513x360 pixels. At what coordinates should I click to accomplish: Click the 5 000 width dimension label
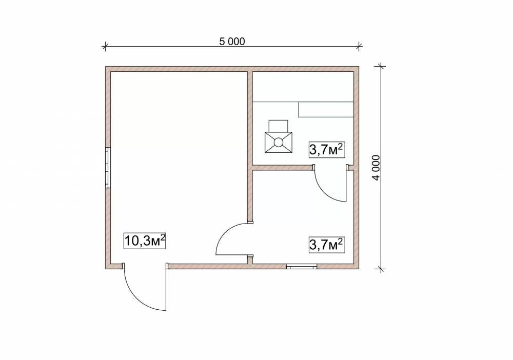[232, 42]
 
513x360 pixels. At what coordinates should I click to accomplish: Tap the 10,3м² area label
[145, 241]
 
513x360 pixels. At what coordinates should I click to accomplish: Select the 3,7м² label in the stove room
[327, 150]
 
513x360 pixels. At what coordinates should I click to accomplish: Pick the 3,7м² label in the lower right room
[327, 245]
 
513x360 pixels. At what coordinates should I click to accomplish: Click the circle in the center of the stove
[279, 142]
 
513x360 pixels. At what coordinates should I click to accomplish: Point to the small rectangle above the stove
[279, 126]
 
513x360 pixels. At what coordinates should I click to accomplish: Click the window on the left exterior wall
[108, 168]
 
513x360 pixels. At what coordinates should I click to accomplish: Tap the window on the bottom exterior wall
[302, 267]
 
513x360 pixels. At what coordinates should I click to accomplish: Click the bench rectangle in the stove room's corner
[326, 109]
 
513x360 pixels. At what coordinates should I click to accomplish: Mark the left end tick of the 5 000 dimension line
[105, 46]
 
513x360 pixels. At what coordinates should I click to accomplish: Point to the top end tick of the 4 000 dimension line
[381, 67]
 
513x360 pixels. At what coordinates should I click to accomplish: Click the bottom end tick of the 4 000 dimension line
[381, 269]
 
